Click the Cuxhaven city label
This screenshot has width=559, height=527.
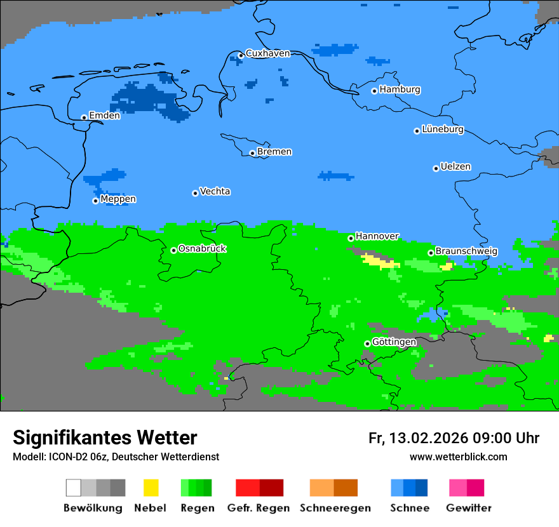[267, 53]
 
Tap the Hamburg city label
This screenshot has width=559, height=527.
[400, 90]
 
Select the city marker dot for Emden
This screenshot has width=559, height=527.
[84, 117]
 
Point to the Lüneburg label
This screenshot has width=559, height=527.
[442, 130]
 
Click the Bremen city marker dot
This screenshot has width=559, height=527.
[252, 153]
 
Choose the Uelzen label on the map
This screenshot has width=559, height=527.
[455, 167]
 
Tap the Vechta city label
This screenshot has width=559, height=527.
[215, 191]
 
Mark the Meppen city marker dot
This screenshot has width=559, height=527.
[95, 201]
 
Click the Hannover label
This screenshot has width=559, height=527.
[377, 236]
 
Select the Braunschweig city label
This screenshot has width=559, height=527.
[466, 251]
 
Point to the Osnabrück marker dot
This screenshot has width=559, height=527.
[173, 250]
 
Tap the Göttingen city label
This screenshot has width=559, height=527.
[394, 342]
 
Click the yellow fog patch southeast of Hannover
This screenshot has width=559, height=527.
[379, 261]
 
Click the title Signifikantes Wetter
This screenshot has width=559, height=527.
[105, 437]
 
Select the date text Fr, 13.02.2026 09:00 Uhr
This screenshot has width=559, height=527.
[454, 438]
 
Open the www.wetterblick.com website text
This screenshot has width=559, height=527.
[458, 457]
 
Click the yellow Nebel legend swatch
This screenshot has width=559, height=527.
[151, 488]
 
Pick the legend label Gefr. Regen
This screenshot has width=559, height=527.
[259, 508]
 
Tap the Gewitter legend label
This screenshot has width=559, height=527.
[468, 508]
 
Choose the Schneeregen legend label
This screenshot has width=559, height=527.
[335, 508]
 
